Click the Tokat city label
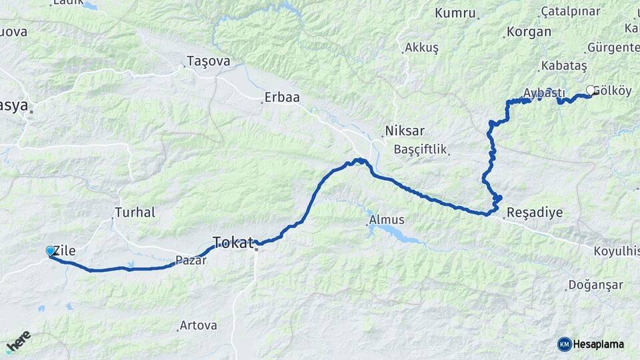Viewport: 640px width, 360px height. (233, 241)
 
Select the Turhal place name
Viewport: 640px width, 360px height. (135, 213)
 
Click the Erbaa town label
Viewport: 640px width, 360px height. (282, 97)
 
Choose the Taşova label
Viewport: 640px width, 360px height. (209, 61)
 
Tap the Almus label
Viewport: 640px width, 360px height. (386, 219)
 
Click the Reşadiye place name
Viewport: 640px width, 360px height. (535, 213)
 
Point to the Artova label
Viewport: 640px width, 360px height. (198, 326)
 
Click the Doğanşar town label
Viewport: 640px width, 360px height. (595, 285)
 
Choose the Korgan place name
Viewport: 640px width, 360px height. (529, 31)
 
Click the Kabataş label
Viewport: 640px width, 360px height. (564, 66)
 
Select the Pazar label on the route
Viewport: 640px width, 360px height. (191, 261)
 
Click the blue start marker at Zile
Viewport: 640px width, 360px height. (50, 251)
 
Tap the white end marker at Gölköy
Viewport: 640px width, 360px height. (590, 90)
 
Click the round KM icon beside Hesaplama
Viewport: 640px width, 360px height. (565, 344)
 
